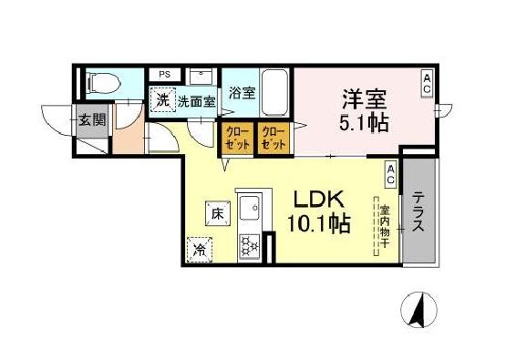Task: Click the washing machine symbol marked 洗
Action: [x=162, y=100]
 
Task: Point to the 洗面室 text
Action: [x=196, y=102]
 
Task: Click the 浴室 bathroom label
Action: [x=242, y=93]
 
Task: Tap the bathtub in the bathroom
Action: [x=274, y=88]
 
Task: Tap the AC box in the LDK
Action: [x=389, y=170]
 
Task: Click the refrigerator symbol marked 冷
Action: [x=200, y=246]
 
